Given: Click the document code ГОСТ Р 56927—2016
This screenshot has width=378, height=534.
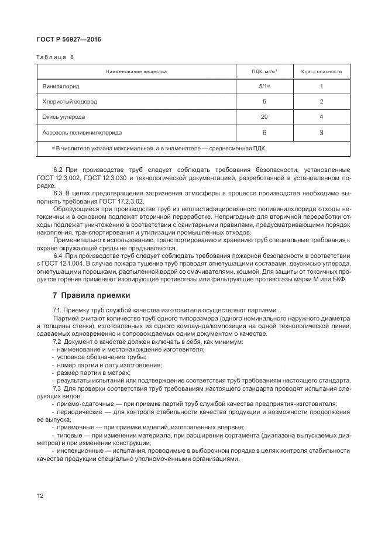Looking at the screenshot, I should click(x=61, y=39).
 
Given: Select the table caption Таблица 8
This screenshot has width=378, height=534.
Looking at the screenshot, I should click(x=56, y=57).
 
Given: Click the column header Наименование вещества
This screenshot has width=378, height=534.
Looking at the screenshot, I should click(x=136, y=71).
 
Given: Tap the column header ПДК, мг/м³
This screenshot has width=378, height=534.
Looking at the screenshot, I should click(x=264, y=71).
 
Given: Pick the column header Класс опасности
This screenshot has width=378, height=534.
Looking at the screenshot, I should click(x=321, y=71).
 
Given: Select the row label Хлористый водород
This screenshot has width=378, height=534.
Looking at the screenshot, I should click(x=70, y=101).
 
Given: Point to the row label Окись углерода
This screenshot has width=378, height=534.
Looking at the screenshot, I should click(x=64, y=116).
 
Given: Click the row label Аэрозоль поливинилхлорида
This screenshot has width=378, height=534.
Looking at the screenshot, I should click(x=82, y=132).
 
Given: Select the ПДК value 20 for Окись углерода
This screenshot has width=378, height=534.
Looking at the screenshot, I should click(x=264, y=116).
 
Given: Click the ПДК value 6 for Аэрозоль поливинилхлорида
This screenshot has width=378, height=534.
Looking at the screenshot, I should click(x=264, y=133).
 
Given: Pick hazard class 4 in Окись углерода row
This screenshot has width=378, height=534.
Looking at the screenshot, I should click(x=321, y=116).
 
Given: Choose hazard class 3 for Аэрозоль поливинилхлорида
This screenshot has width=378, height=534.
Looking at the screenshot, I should click(x=321, y=133).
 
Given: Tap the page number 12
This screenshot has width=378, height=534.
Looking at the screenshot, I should click(x=40, y=495).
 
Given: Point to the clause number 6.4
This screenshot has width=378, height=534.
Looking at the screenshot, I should click(x=58, y=256).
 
